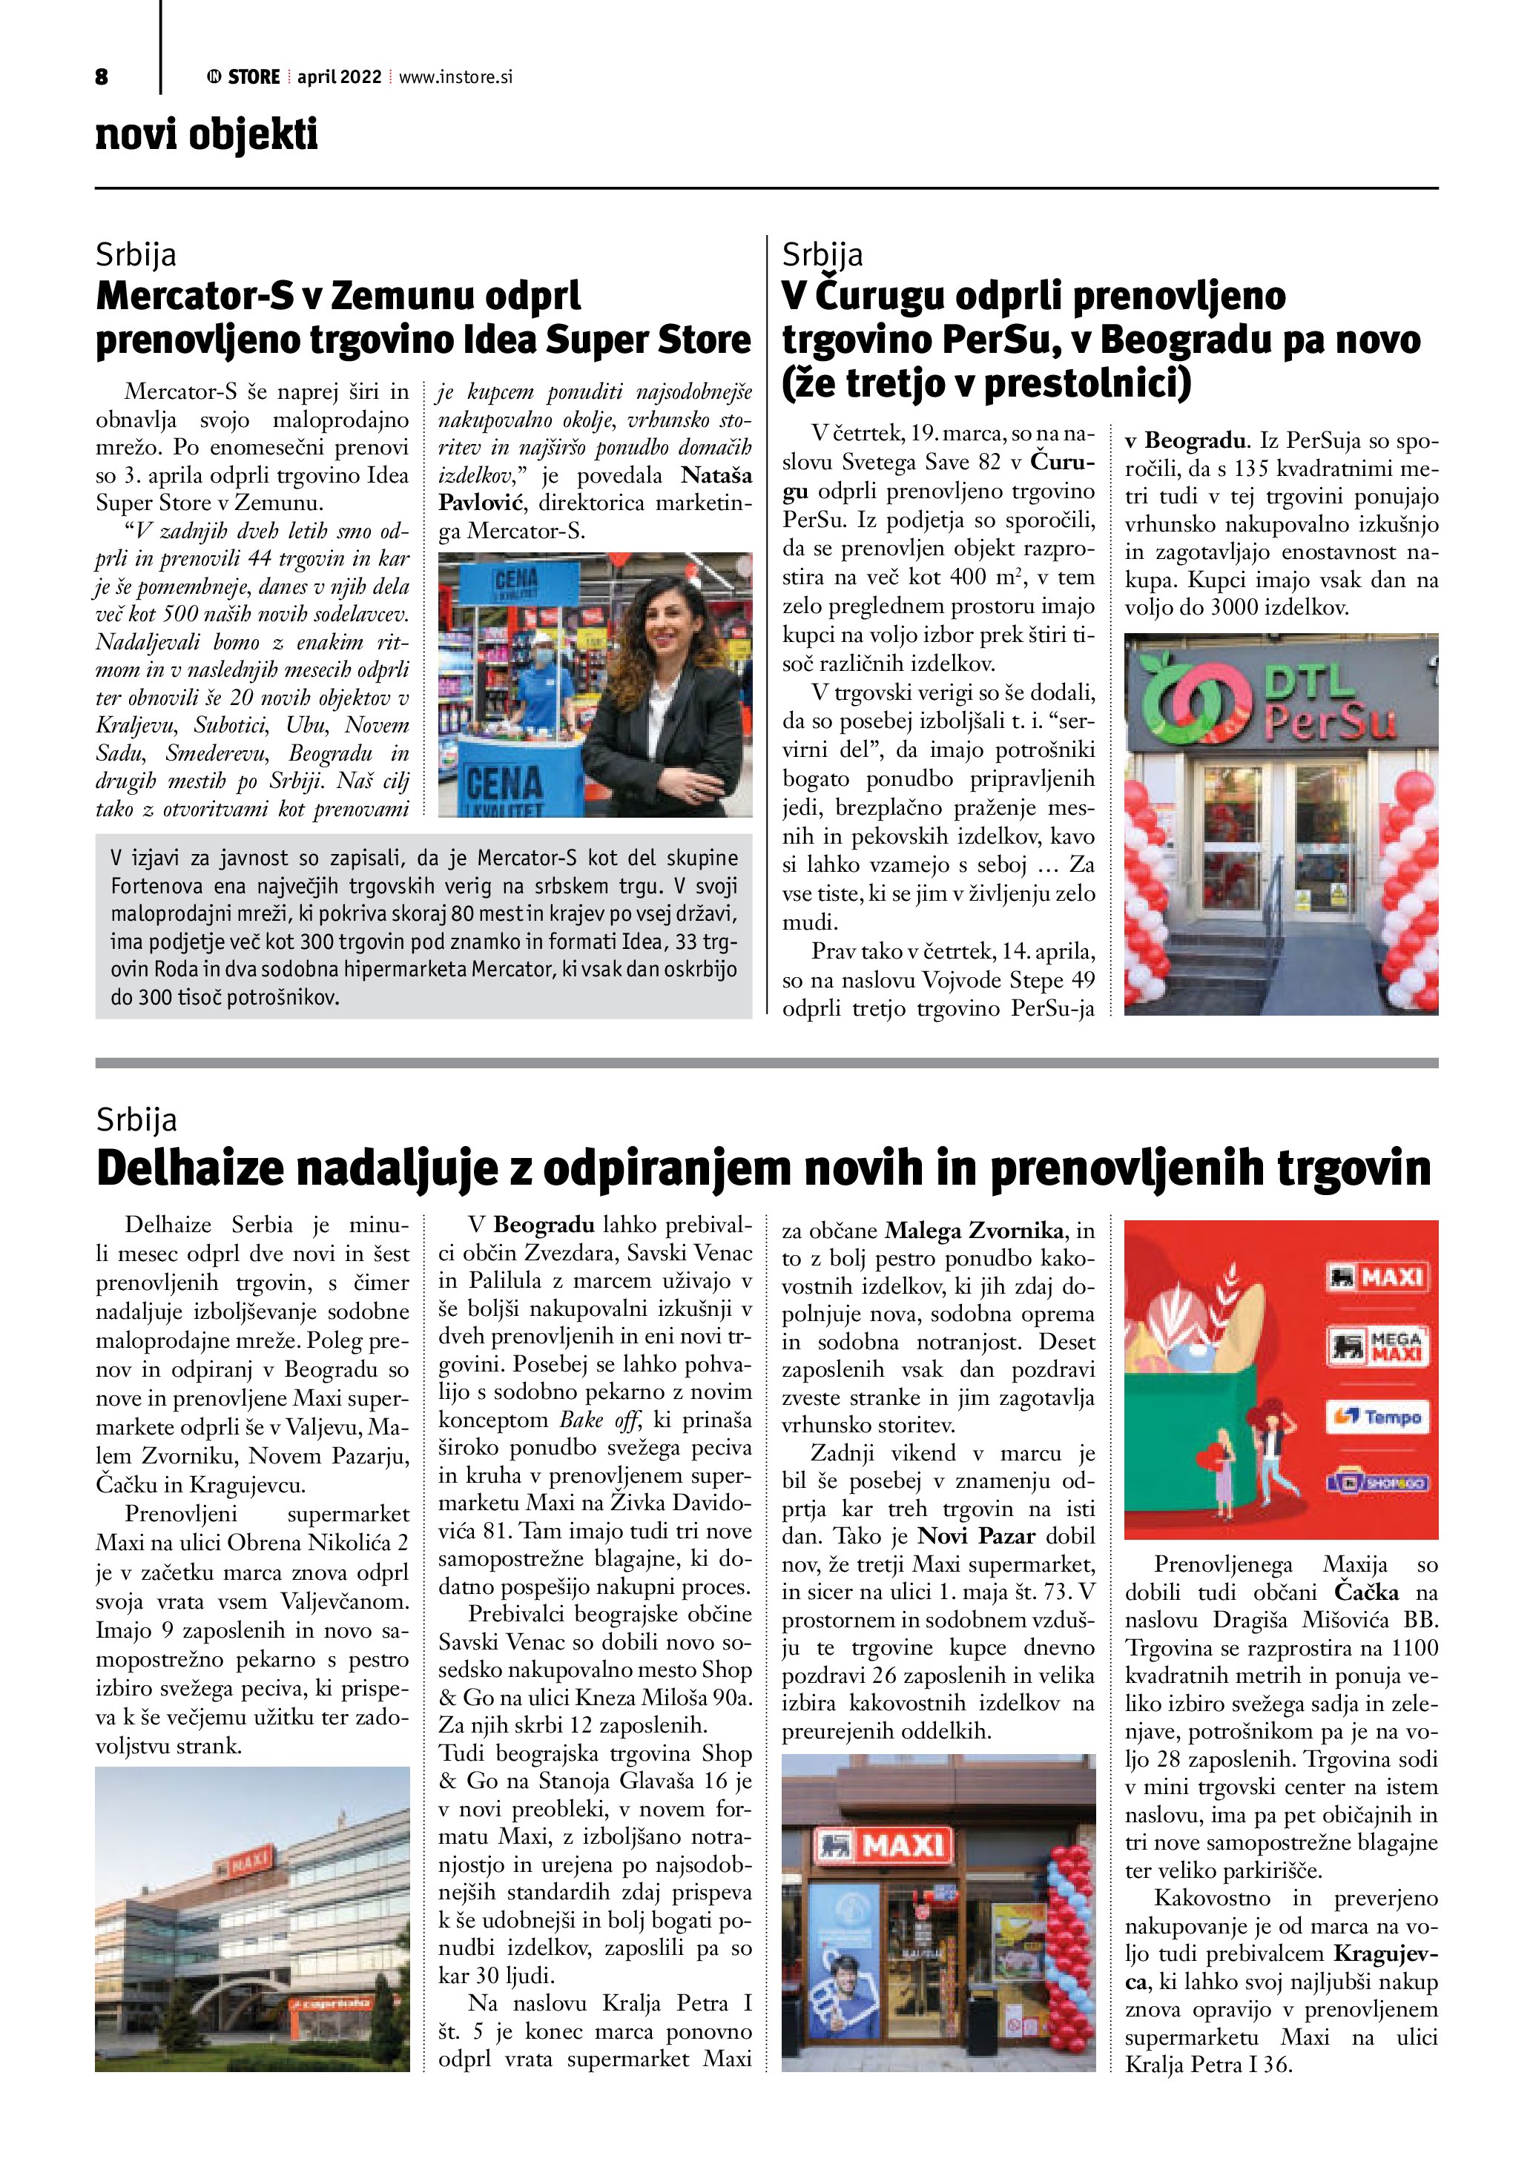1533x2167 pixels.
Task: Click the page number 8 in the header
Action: (x=102, y=77)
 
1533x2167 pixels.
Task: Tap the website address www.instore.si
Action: (x=456, y=77)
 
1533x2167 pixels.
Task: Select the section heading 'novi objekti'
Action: (x=207, y=134)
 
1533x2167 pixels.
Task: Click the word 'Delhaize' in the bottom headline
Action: (x=189, y=1168)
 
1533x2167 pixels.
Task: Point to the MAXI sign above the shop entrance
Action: (x=879, y=1846)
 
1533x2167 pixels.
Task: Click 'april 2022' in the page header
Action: (x=339, y=77)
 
